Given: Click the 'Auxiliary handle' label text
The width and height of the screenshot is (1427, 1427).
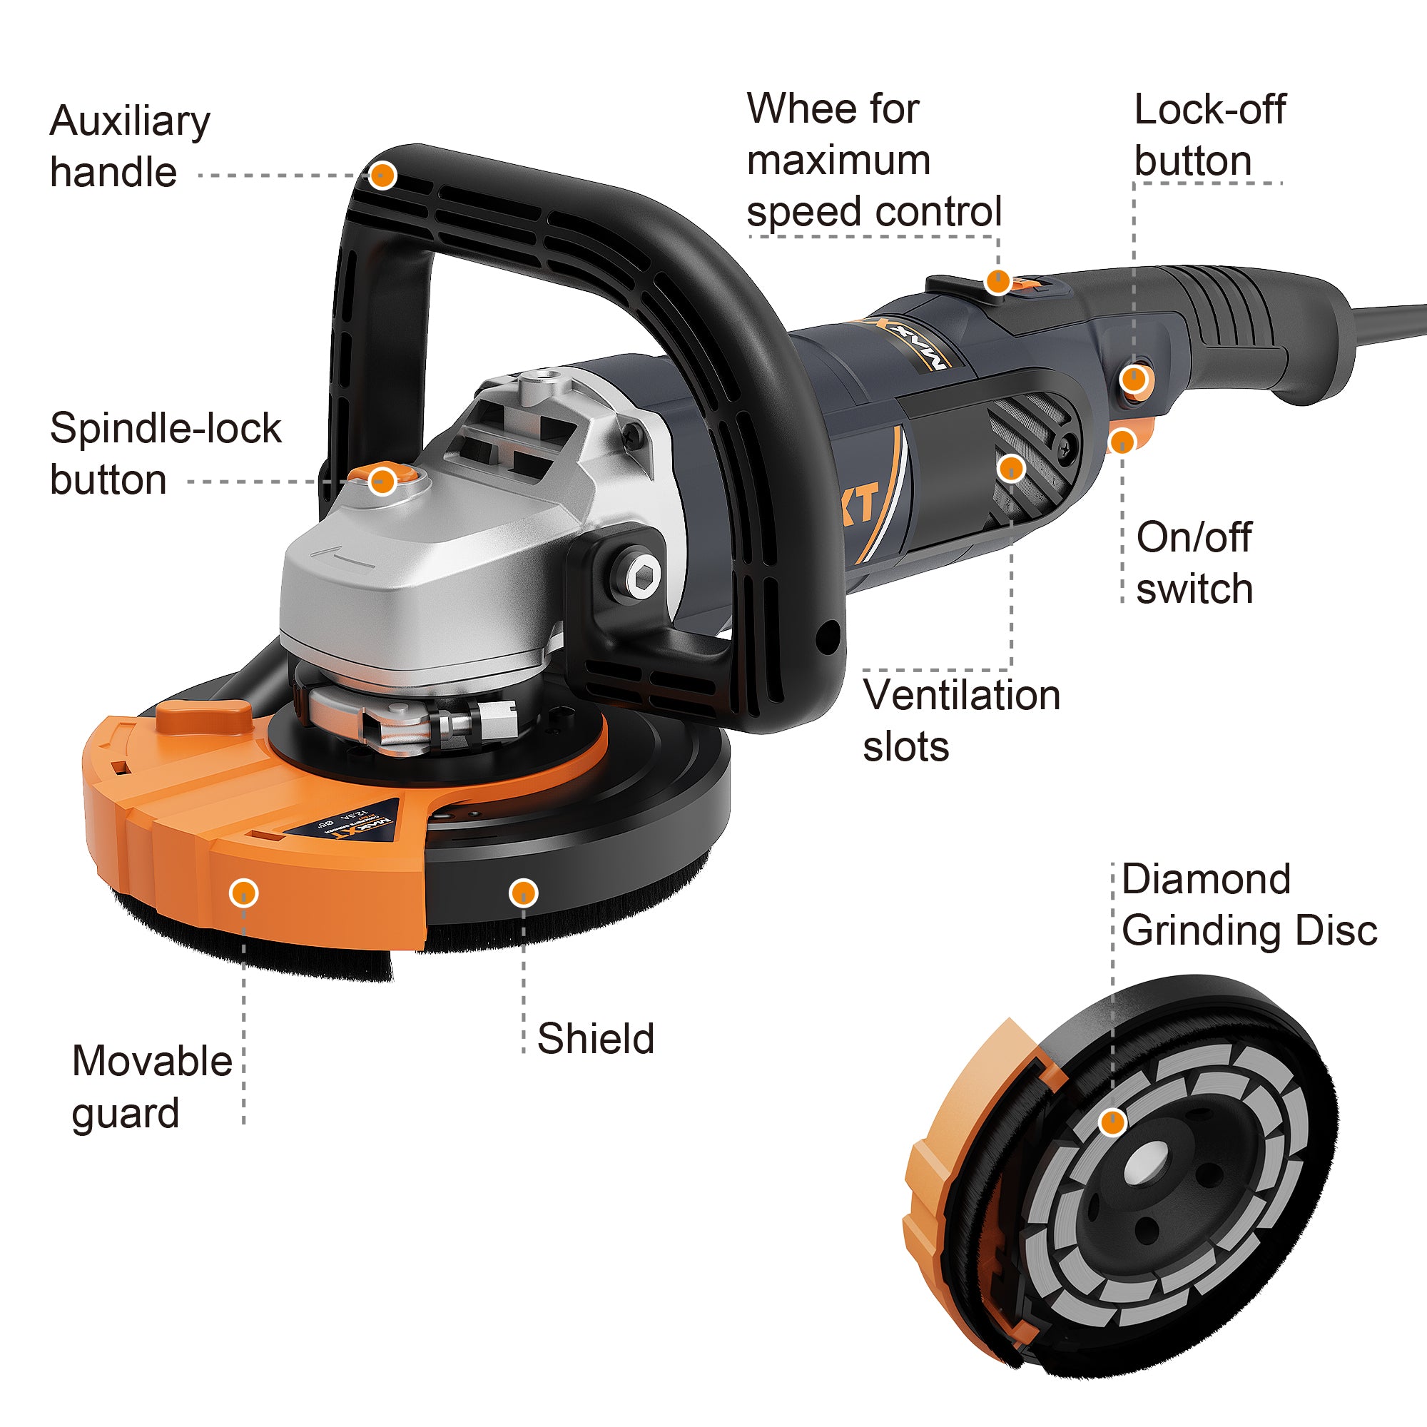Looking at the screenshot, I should [129, 146].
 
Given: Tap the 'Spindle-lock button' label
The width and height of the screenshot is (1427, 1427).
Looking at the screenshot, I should [165, 454].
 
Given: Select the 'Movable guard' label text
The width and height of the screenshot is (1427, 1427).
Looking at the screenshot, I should [151, 1087].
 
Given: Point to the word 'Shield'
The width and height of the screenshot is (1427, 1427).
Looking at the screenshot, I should [595, 1038].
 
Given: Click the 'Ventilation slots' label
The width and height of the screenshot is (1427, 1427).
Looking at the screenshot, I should [961, 721].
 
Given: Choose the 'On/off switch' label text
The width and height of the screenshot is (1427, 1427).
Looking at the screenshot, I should [1194, 563].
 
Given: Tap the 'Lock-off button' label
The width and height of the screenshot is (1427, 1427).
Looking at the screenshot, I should [1209, 135].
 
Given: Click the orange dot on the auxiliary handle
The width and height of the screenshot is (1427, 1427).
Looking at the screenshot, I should [382, 176].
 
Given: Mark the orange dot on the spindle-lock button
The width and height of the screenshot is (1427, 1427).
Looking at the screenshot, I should [382, 482].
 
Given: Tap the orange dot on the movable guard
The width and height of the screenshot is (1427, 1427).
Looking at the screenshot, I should [244, 893].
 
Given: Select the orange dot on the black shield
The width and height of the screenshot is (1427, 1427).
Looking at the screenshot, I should [523, 893].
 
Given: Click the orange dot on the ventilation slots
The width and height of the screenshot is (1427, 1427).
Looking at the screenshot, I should [1010, 467].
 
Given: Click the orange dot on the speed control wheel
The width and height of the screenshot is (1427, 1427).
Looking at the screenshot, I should [998, 281].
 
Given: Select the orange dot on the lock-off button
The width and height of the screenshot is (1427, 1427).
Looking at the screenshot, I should [1134, 380].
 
